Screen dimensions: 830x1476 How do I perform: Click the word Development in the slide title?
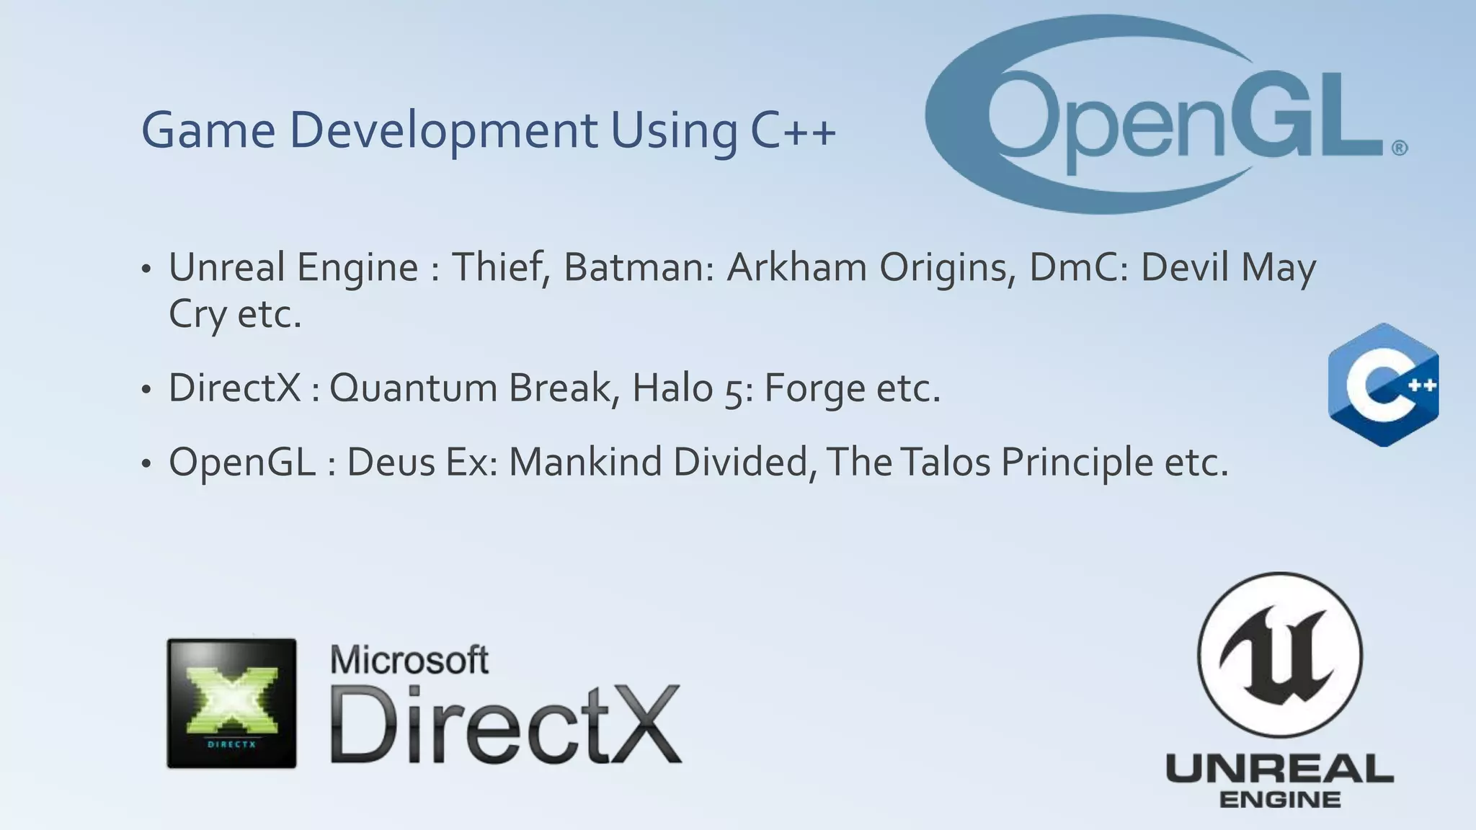(443, 131)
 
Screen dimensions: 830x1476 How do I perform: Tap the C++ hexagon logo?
(1383, 385)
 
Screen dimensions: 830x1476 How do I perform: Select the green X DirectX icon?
(231, 702)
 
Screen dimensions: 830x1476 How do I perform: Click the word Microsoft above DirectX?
(409, 659)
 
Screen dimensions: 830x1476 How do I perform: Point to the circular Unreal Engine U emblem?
(1279, 654)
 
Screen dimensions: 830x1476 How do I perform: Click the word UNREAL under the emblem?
(1279, 770)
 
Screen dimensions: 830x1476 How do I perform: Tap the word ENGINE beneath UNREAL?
(1280, 799)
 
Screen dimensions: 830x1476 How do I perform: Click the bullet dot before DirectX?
(146, 390)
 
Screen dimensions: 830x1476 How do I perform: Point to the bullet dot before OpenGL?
(146, 464)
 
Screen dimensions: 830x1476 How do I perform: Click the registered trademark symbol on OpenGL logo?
(1399, 148)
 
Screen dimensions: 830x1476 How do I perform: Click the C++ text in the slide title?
(793, 131)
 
